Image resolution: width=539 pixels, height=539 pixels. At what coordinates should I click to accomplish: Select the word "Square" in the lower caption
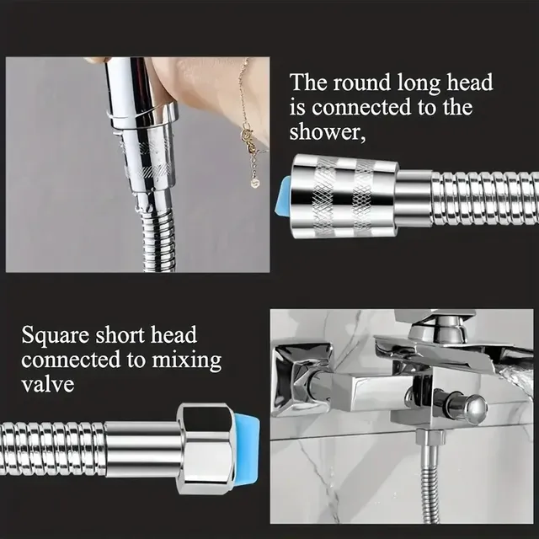tap(56, 336)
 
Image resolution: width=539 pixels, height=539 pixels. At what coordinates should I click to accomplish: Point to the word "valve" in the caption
tap(48, 384)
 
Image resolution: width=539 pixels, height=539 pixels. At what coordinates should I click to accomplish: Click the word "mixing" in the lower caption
tap(187, 360)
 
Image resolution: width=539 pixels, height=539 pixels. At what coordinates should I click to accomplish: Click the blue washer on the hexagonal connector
tap(246, 449)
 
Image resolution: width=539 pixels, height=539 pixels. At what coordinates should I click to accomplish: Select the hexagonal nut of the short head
tap(206, 449)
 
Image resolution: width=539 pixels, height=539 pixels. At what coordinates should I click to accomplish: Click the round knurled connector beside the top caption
tap(344, 196)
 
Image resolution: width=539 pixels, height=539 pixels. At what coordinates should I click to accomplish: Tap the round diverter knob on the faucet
tap(476, 408)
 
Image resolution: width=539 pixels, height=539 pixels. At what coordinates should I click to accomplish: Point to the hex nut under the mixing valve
tap(430, 438)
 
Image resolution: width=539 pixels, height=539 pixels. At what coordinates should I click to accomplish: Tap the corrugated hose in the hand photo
tap(157, 237)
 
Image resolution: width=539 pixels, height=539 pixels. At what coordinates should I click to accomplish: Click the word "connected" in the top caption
tap(361, 107)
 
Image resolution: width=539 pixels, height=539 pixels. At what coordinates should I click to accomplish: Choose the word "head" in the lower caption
tap(174, 335)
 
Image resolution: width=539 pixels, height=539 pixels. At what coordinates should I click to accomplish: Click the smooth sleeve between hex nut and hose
tap(143, 449)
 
